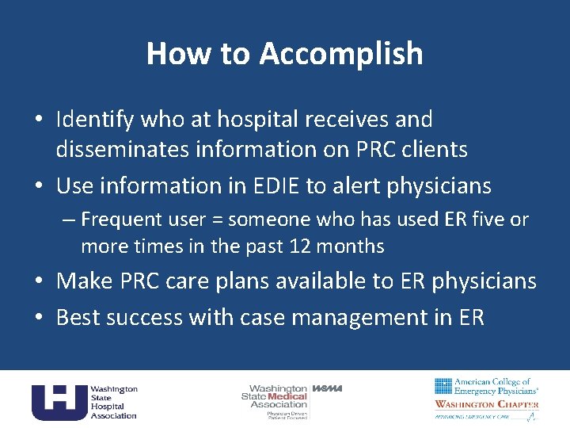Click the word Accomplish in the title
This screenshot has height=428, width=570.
(x=341, y=54)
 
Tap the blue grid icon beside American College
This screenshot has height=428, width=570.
(x=443, y=386)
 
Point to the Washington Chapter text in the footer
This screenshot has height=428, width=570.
(x=486, y=404)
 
